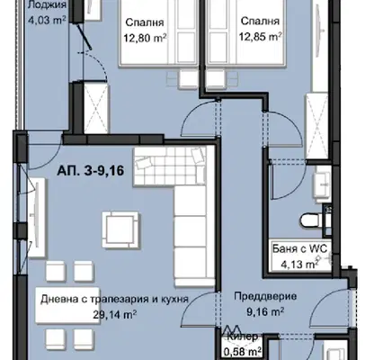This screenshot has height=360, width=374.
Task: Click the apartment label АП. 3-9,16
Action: click(x=91, y=171)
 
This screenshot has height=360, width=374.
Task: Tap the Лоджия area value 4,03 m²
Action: click(x=47, y=20)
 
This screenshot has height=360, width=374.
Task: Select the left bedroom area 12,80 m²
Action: click(x=145, y=38)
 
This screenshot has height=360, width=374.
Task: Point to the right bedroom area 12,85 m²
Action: click(x=260, y=37)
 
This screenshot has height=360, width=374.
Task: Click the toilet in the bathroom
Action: click(x=311, y=220)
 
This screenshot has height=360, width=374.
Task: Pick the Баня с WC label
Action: click(x=299, y=248)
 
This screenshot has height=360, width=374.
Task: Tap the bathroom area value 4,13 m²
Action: click(x=299, y=265)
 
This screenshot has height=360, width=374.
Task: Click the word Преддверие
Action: click(x=265, y=297)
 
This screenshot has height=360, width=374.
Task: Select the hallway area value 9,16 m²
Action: click(x=265, y=312)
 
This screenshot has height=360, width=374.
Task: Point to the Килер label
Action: click(x=243, y=337)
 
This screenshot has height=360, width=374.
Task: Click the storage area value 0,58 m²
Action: click(x=243, y=351)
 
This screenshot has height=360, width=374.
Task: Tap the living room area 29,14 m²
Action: click(x=115, y=314)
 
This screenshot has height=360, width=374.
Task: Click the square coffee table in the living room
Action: click(x=120, y=230)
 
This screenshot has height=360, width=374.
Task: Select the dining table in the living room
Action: click(x=67, y=305)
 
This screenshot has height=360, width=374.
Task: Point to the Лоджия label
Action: click(x=47, y=5)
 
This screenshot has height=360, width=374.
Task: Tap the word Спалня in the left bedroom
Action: click(x=145, y=22)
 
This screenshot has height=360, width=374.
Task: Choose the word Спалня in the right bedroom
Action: click(x=260, y=22)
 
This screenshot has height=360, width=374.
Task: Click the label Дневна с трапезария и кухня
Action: click(x=114, y=299)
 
